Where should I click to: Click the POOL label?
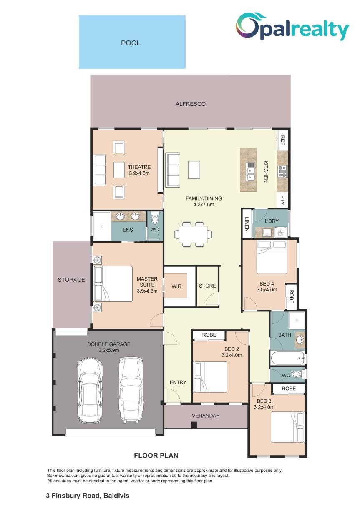131,43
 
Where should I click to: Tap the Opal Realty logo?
292,27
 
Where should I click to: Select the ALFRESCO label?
191,104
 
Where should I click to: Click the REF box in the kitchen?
283,140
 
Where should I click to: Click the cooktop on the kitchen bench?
283,172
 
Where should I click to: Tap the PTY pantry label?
283,200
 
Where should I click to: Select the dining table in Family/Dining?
193,234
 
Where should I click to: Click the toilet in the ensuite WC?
154,218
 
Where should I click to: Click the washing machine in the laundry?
280,233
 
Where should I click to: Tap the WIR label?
176,286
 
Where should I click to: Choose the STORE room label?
207,286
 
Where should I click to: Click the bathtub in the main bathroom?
287,358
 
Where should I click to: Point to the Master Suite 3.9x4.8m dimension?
147,291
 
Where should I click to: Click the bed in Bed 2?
210,377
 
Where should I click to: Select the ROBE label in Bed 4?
291,296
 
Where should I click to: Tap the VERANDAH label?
206,416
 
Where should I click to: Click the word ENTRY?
178,382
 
